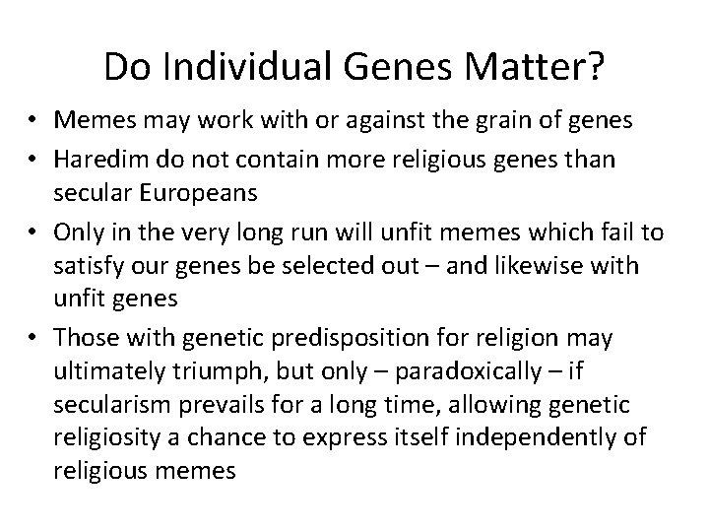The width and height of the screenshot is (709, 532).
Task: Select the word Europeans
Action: click(x=203, y=194)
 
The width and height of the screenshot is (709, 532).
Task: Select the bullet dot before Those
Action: click(x=33, y=338)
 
